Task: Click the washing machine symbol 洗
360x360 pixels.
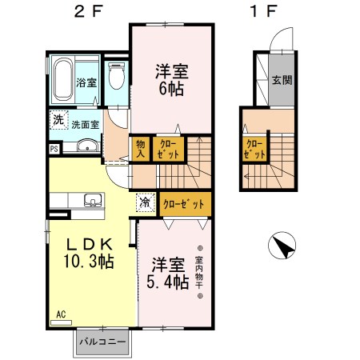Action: click(x=58, y=120)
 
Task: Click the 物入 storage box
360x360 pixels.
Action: click(x=140, y=147)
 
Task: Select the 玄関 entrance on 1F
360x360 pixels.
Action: click(x=281, y=80)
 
